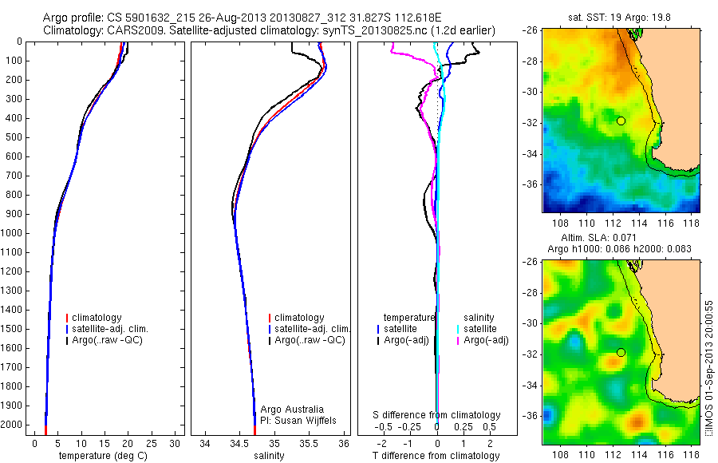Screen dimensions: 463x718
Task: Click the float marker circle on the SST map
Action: [621, 121]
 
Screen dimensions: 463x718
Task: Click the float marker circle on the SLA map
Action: [621, 352]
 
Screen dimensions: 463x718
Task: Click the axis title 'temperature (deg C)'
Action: [102, 456]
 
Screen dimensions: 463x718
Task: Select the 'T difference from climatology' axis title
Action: [436, 456]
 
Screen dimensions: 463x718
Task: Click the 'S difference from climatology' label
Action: [437, 415]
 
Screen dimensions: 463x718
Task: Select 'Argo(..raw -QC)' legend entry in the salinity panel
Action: [310, 340]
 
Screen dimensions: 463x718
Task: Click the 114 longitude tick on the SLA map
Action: [637, 452]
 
